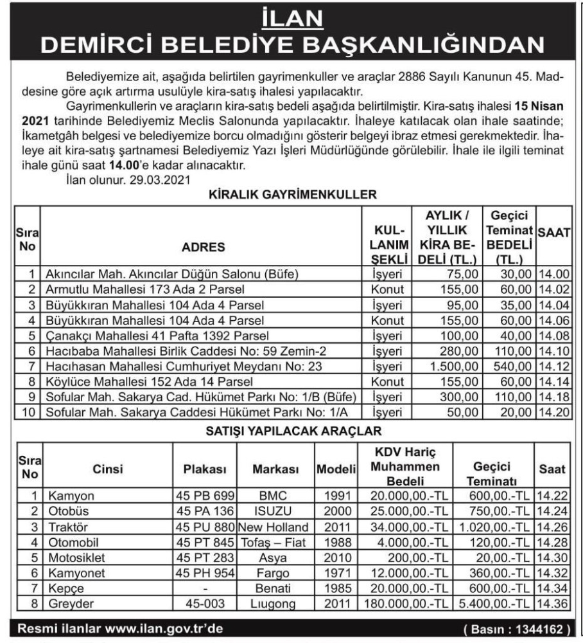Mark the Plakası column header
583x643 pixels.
pyautogui.click(x=205, y=470)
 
